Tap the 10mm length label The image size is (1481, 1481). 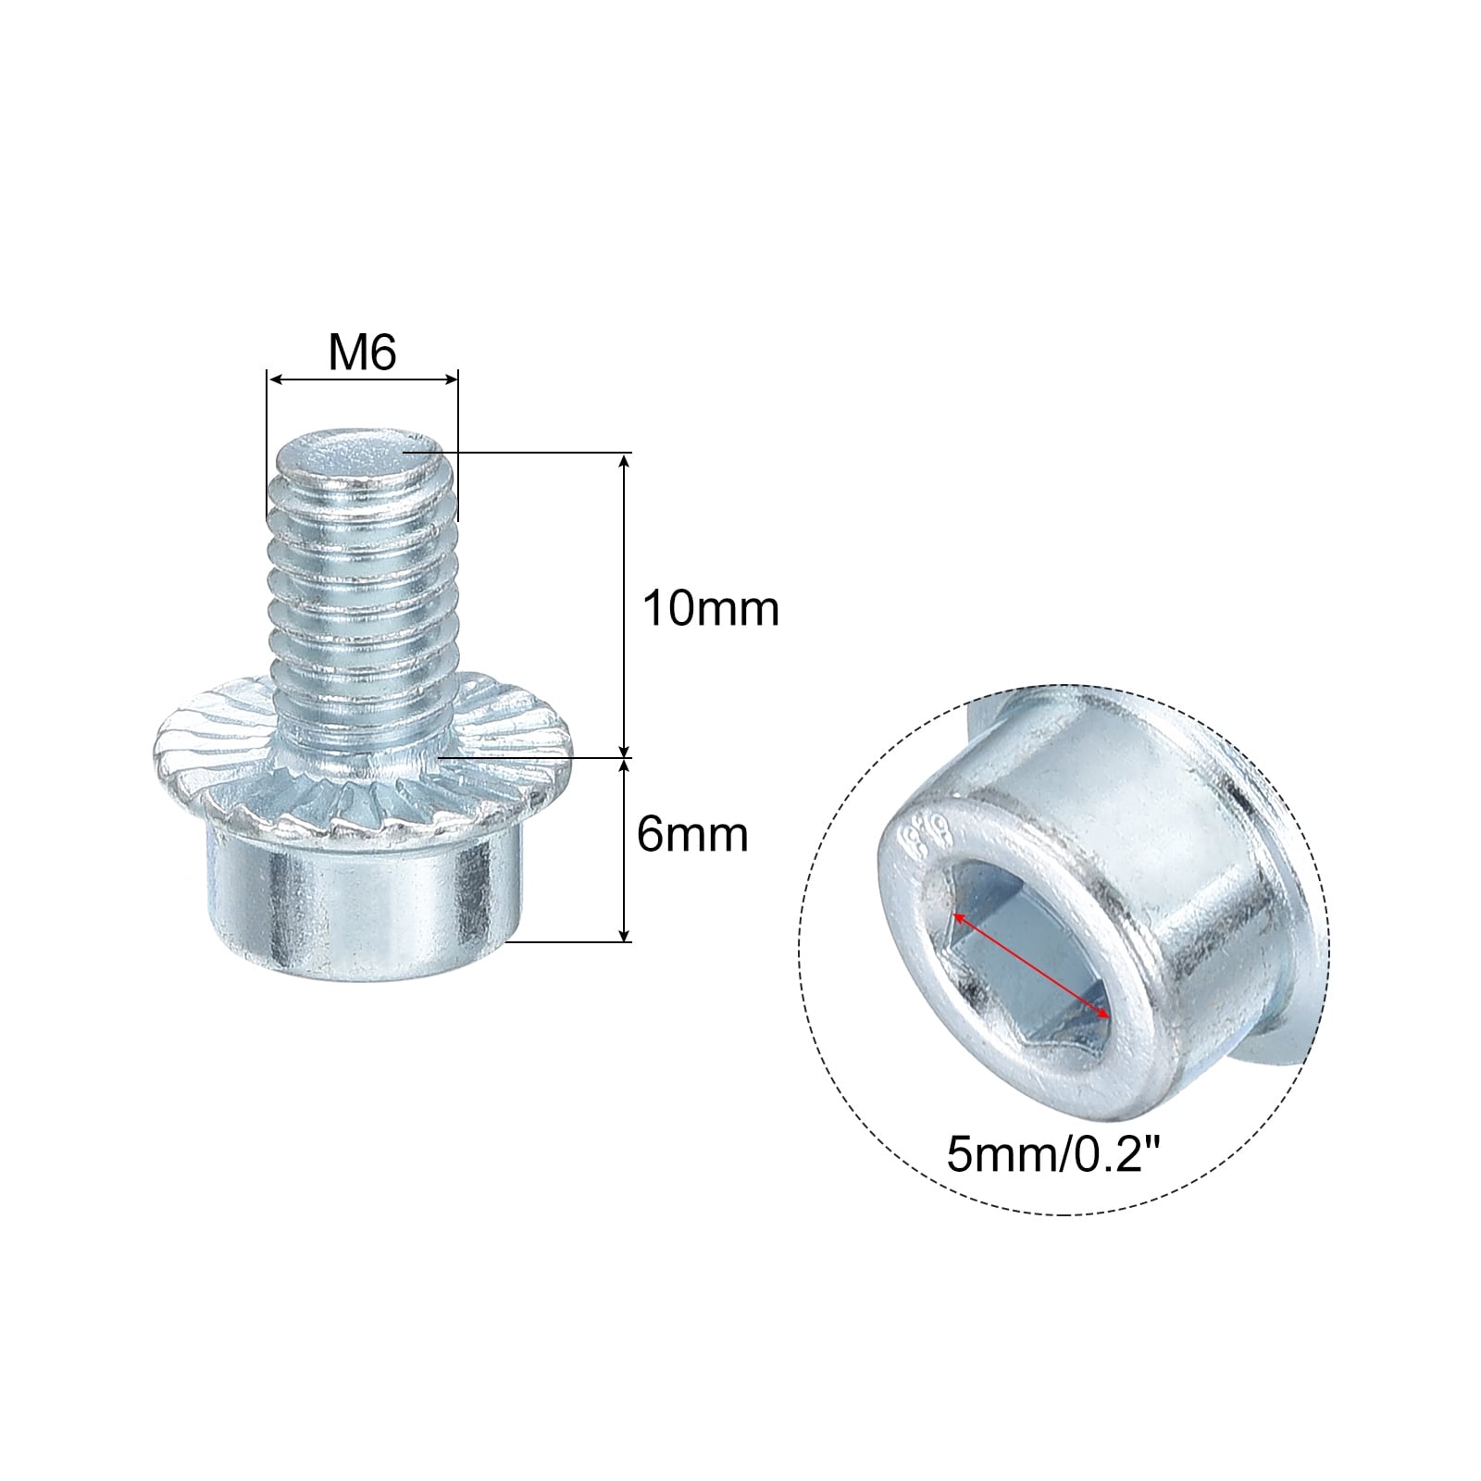(711, 610)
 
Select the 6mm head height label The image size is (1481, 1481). (692, 835)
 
